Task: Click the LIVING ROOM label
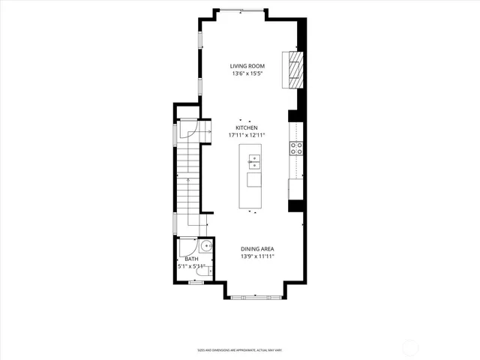click(x=247, y=67)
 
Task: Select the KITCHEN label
click(x=247, y=127)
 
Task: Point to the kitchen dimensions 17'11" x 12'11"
click(x=247, y=136)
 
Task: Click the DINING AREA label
click(x=257, y=249)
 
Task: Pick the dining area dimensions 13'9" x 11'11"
click(x=257, y=257)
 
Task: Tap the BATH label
click(x=192, y=259)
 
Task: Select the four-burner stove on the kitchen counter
click(x=297, y=148)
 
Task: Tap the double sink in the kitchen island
click(x=254, y=160)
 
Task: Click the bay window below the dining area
click(x=256, y=298)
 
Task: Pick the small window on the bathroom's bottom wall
click(x=196, y=283)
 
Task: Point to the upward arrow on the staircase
click(x=187, y=183)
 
